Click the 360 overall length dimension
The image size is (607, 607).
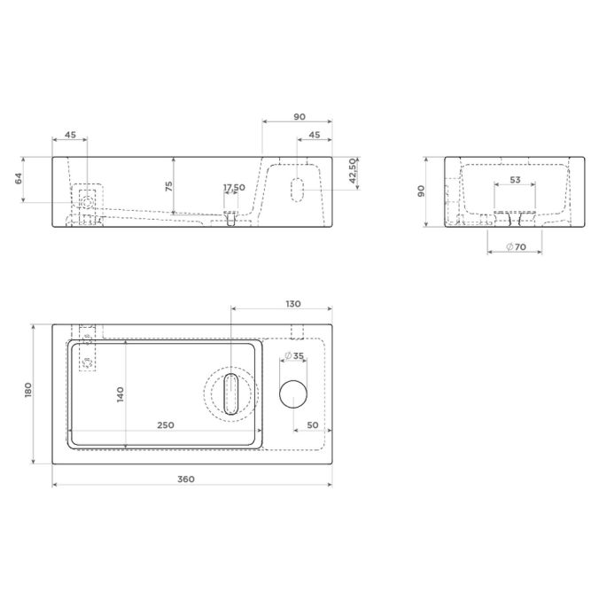pos(185,479)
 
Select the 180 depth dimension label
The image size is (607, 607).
pos(28,391)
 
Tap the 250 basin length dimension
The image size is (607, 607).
pos(166,425)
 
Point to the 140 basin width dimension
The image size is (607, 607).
pos(121,393)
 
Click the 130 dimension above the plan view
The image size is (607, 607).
pos(292,304)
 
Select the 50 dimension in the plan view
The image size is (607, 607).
pos(312,425)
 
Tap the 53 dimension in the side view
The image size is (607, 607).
pos(513,180)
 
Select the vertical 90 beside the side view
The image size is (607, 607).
pos(424,191)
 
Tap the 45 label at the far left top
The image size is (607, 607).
pos(70,136)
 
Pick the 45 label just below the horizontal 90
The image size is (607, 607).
pos(314,136)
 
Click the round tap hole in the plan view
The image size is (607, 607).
pos(292,393)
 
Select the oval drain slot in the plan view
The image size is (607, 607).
pos(231,393)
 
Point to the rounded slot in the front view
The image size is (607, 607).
pos(297,188)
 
